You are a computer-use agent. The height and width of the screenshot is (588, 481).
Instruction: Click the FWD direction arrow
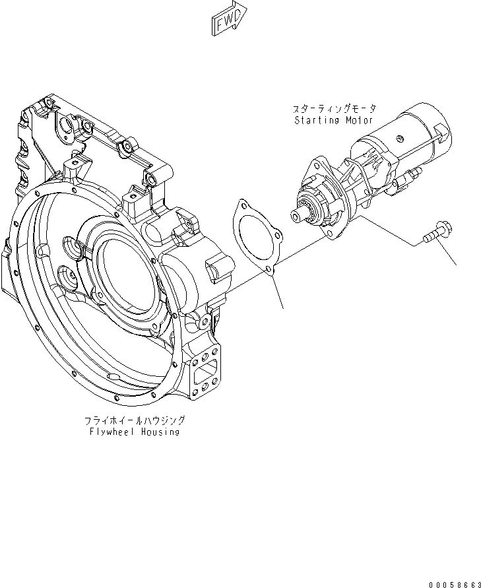click(x=228, y=18)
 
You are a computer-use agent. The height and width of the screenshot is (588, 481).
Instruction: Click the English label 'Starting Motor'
click(x=333, y=121)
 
